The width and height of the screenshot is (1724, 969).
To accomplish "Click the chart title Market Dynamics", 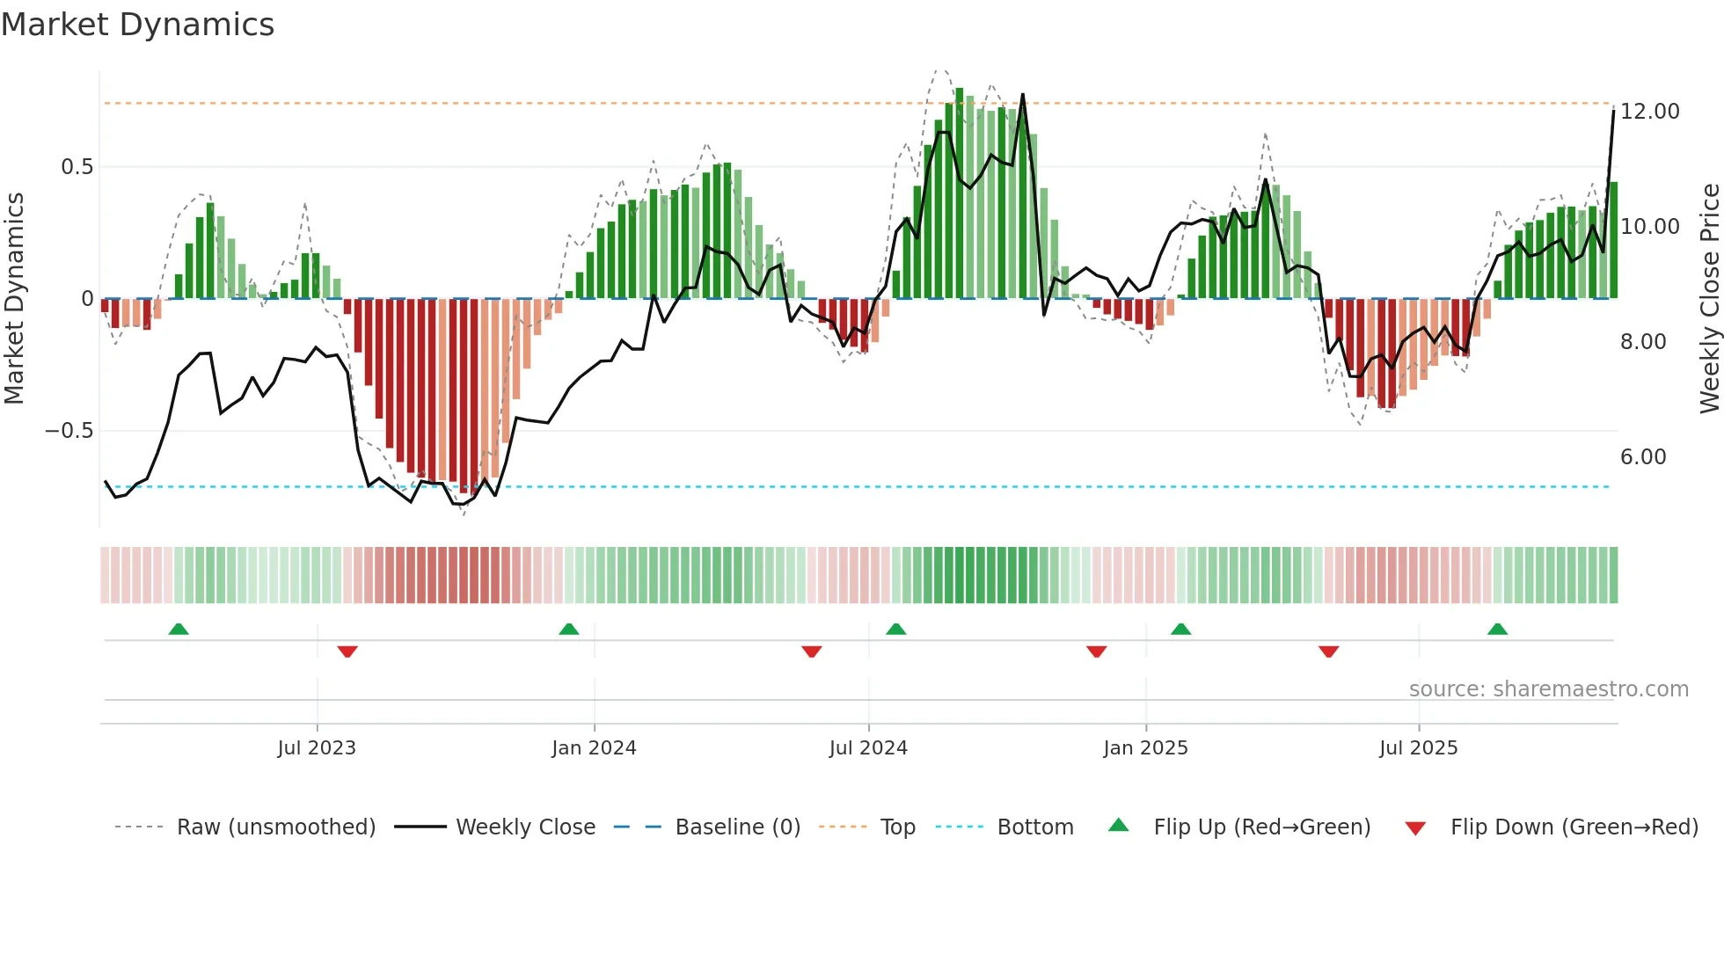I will [x=137, y=25].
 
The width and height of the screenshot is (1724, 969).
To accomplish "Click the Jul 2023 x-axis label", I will [x=317, y=748].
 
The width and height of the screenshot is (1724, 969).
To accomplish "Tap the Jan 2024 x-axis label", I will [x=594, y=748].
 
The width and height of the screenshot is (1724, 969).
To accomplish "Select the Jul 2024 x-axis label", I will [x=868, y=748].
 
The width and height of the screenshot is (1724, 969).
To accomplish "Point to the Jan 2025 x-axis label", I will [x=1145, y=748].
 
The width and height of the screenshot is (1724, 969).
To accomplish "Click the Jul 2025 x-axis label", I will [x=1418, y=748].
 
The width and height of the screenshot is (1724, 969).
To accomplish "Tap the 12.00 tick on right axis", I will [x=1649, y=112].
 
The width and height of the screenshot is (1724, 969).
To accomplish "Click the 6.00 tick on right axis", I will [x=1642, y=457].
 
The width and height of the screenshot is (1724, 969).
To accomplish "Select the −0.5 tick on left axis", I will [x=69, y=431].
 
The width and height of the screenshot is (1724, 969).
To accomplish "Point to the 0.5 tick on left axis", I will [x=77, y=167].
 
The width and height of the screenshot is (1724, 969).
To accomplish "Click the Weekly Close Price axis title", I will [x=1709, y=299].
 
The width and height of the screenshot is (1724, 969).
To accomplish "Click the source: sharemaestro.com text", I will [x=1548, y=689].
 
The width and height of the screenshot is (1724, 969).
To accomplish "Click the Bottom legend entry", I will [x=1034, y=827].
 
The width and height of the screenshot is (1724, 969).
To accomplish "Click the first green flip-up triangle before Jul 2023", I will [x=179, y=629].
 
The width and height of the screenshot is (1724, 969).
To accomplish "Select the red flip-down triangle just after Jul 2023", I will [x=347, y=652].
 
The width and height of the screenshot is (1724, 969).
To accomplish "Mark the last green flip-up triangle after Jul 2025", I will [x=1497, y=629].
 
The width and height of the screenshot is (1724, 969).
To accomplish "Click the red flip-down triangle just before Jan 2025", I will [x=1096, y=652].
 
